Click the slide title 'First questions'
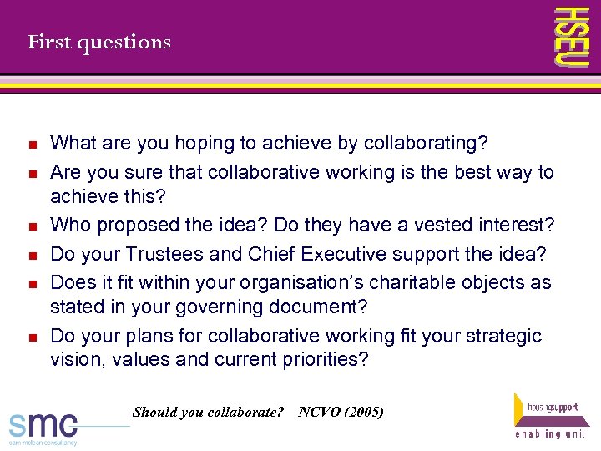99,42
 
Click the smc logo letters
43,423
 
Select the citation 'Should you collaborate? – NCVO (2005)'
258,412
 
